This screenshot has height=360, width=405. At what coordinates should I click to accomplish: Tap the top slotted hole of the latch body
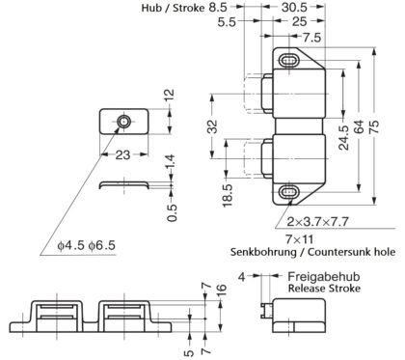point(289,61)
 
